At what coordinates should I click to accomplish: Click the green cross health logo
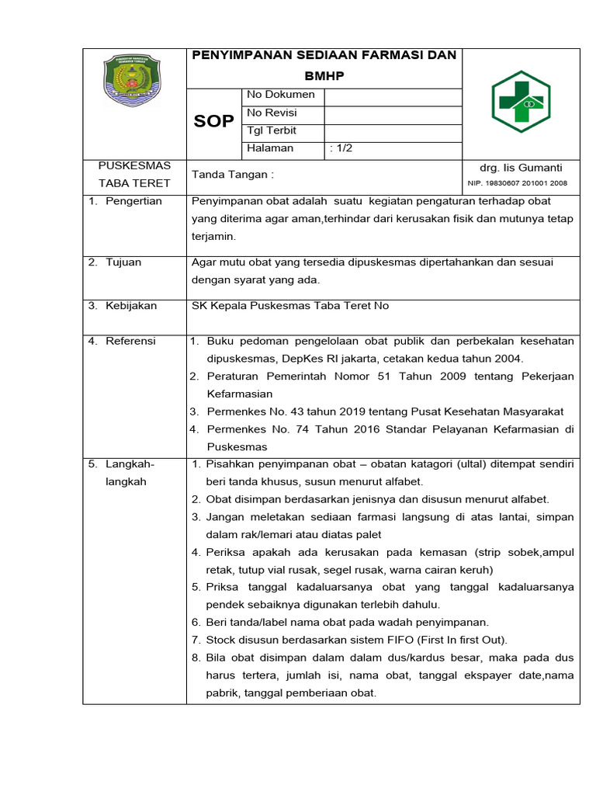(x=521, y=102)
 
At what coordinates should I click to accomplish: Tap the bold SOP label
(x=213, y=121)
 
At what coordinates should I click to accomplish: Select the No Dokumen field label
(x=280, y=95)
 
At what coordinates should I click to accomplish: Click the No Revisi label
(x=272, y=113)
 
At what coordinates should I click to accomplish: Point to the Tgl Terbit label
(x=272, y=130)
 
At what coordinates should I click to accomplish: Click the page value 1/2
(x=341, y=148)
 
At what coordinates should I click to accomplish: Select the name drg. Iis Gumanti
(x=521, y=168)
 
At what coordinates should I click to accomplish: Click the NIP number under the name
(x=518, y=183)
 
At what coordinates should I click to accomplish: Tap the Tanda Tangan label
(x=232, y=175)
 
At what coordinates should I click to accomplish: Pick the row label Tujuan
(x=123, y=262)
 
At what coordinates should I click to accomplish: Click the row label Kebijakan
(x=131, y=306)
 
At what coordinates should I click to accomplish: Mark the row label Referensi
(x=130, y=341)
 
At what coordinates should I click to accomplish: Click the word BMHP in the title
(x=324, y=78)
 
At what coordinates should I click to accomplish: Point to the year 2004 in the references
(x=508, y=359)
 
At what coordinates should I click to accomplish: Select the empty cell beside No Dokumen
(x=393, y=95)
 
